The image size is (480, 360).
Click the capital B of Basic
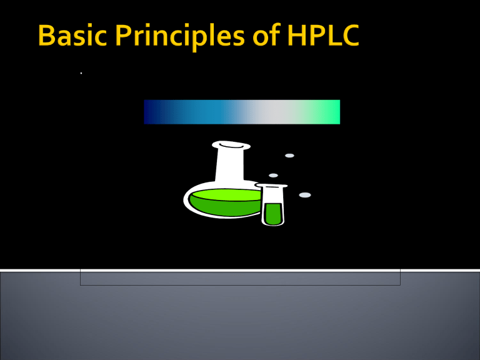click(x=46, y=36)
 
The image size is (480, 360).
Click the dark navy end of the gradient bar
click(x=150, y=112)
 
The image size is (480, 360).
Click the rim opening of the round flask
click(x=231, y=146)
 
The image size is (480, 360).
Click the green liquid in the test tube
click(x=272, y=213)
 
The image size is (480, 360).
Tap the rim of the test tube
click(x=271, y=186)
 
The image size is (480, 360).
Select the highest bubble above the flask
click(x=289, y=156)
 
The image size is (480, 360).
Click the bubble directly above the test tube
click(x=273, y=175)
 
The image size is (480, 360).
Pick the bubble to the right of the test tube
click(x=305, y=195)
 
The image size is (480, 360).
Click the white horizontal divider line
click(x=240, y=270)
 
